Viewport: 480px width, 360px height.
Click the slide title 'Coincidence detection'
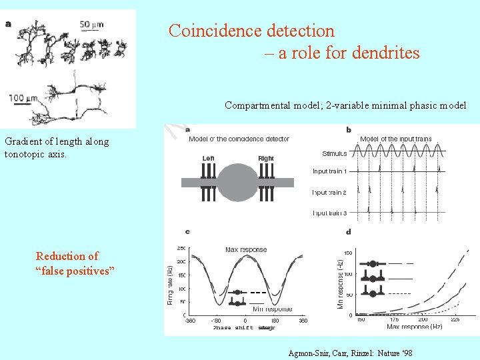251,31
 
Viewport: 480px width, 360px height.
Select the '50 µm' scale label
93,25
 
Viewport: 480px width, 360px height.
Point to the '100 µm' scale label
25,98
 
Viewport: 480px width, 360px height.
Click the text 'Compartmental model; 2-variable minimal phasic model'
345,105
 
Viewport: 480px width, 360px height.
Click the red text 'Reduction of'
67,256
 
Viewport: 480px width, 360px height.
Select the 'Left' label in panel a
209,158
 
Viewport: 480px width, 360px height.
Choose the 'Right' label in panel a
266,158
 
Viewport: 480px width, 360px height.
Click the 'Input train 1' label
329,171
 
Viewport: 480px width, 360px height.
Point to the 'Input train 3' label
329,213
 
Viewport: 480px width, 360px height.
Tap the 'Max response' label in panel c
246,250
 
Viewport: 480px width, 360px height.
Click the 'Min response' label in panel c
272,309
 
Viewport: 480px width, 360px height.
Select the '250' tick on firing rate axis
180,248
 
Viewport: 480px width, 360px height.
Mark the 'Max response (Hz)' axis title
413,327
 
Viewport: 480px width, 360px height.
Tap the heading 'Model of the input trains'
395,139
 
